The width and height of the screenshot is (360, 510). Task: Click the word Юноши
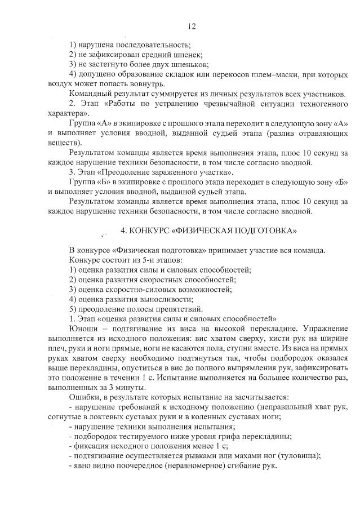coord(82,329)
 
